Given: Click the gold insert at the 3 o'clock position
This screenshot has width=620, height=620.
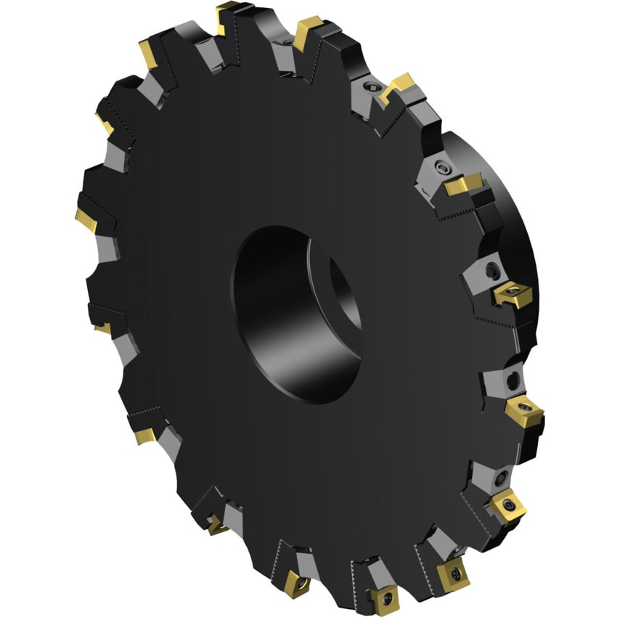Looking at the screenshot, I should point(513,293).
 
